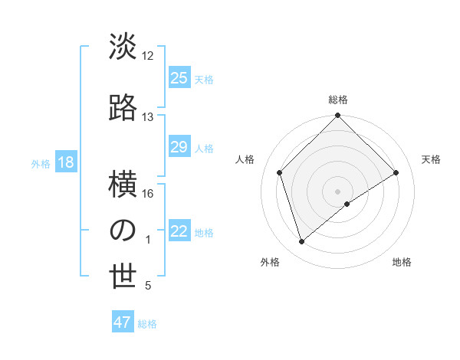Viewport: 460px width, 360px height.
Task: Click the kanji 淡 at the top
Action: [123, 47]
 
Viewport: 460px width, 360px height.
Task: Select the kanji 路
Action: [123, 106]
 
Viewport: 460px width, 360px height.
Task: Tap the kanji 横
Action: [123, 184]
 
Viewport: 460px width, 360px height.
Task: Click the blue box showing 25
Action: [179, 78]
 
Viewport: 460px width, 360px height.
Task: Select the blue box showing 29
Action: [179, 148]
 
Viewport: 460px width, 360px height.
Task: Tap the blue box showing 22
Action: [179, 232]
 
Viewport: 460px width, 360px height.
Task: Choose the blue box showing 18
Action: [65, 163]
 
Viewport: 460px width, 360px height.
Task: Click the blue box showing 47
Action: [123, 322]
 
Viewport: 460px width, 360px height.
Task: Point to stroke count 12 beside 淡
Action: [148, 56]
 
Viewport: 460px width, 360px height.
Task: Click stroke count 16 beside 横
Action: [148, 194]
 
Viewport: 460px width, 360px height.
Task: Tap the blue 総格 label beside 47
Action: [147, 324]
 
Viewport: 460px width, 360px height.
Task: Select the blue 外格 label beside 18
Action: [41, 164]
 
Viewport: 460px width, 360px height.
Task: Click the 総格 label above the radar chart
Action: [338, 100]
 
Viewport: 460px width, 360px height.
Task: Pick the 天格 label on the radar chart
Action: [431, 159]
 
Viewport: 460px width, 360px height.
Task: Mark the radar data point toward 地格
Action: [347, 204]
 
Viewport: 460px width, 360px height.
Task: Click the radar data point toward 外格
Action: [301, 242]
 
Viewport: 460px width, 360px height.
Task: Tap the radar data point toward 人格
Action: [280, 172]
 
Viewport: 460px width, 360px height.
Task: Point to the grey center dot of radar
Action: [338, 191]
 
